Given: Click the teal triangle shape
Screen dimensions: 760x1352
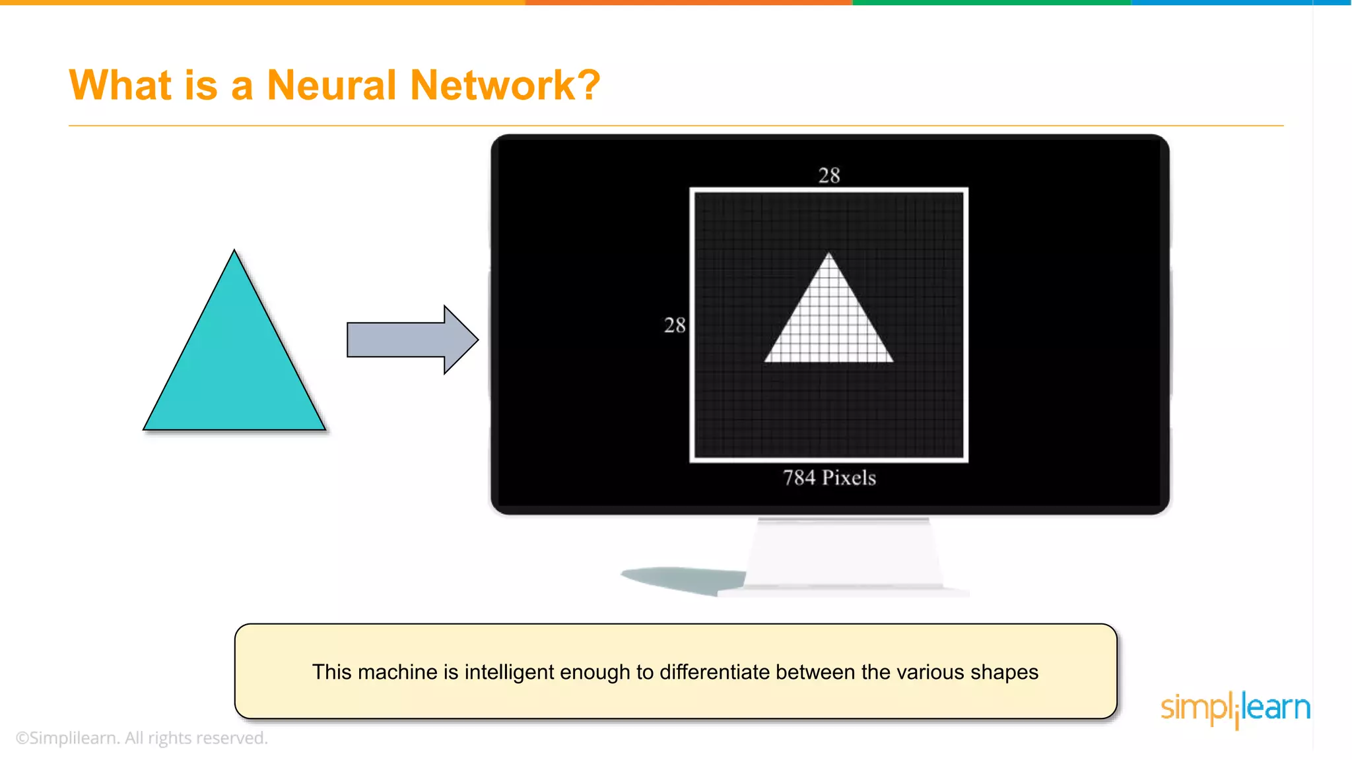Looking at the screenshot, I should (x=234, y=363).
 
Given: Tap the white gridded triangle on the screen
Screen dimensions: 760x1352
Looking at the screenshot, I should (x=829, y=323).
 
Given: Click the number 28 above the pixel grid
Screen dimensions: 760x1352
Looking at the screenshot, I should (x=829, y=175).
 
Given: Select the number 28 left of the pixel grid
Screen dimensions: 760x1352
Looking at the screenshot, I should (x=675, y=325).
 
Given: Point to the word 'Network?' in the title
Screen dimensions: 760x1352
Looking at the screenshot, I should (x=505, y=85).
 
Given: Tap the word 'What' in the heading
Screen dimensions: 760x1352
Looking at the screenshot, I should (x=121, y=85).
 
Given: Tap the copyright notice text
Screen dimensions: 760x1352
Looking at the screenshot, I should (x=141, y=738).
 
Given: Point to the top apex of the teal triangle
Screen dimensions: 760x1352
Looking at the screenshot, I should (x=234, y=252).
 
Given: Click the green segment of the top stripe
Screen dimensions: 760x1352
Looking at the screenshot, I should (x=990, y=3).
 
